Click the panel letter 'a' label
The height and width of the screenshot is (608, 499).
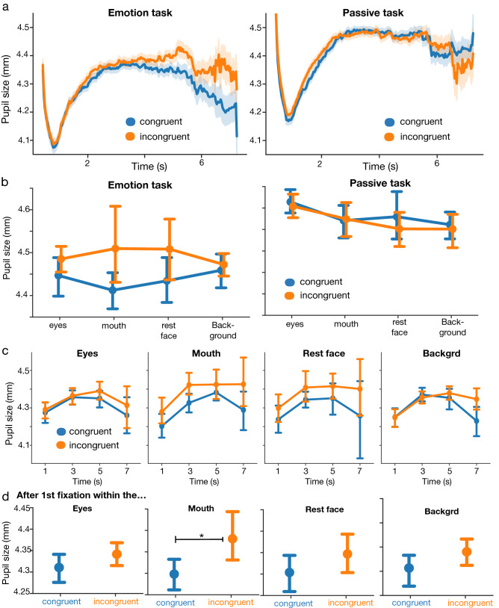(6, 7)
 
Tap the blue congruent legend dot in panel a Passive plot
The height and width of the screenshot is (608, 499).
(391, 122)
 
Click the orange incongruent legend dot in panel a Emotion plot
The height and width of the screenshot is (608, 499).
(129, 136)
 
